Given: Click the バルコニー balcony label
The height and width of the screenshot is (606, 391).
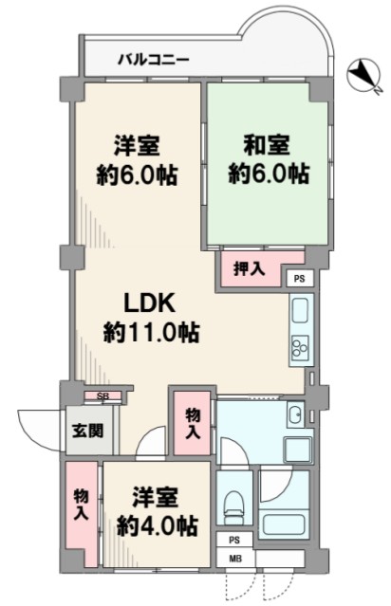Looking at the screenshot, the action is coord(154,60).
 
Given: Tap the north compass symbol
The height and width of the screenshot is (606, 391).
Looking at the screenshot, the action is coord(363,75).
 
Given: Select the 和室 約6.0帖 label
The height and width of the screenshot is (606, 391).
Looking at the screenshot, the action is coord(268,159).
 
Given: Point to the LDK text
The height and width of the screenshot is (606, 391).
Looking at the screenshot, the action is coord(149,303).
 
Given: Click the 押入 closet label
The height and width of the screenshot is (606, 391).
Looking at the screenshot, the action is coord(250,268).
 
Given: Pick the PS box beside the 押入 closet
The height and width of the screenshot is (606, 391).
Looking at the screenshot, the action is coord(299,279).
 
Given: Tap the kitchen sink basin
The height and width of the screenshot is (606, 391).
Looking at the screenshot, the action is coord(300,310).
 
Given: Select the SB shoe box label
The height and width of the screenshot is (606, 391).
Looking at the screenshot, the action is coord(102,396).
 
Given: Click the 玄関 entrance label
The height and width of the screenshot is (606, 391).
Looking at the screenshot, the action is coord(88,431).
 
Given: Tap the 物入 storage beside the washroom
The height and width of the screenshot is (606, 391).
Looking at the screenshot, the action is coord(193,424).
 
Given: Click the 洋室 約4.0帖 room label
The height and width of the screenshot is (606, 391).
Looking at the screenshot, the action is coord(157,511).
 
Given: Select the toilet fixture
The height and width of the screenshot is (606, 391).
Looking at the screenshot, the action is coord(234,504).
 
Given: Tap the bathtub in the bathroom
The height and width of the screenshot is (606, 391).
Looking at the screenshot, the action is coord(285,523).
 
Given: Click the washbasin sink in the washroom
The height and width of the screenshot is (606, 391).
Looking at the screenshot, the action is coord(296,414).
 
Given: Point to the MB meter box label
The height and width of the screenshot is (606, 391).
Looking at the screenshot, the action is coord(234,558).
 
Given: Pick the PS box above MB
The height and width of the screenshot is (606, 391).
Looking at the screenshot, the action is coord(234,541).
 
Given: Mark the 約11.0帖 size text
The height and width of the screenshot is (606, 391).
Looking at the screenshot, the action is coord(151,332).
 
